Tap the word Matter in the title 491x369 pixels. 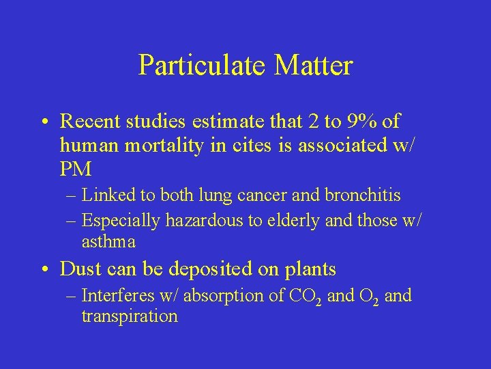coord(314,66)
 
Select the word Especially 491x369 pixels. coord(120,221)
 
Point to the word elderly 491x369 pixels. coord(284,221)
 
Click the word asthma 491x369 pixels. coord(108,242)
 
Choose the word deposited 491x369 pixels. coord(204,269)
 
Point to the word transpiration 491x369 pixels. coord(130,316)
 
